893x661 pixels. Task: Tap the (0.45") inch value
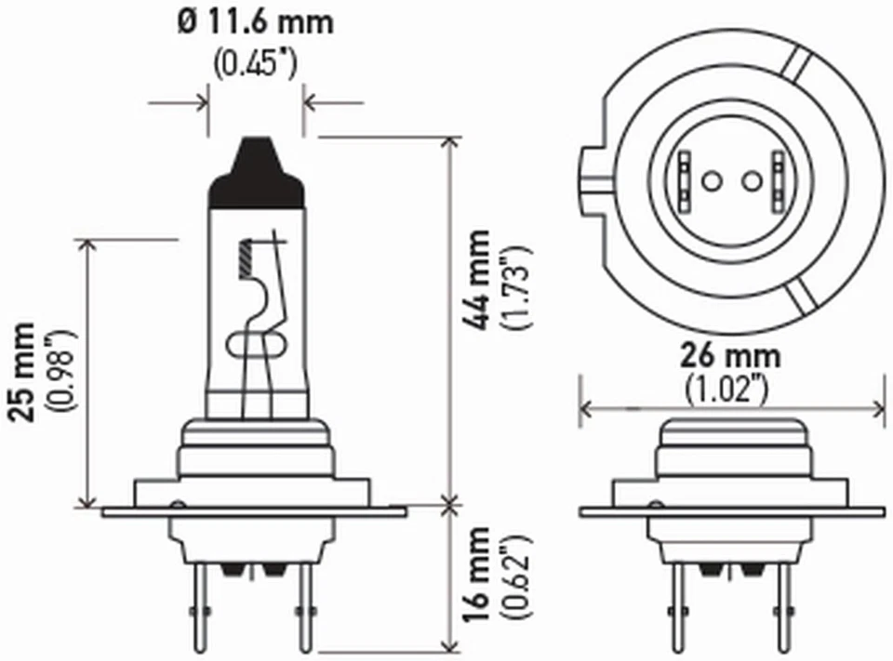click(x=255, y=63)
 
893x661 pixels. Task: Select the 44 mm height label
click(x=478, y=279)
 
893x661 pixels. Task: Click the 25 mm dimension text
click(x=25, y=372)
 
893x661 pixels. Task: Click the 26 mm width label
click(x=731, y=356)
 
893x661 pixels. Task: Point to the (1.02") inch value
click(x=731, y=389)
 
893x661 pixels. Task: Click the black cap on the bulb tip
click(x=257, y=172)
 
